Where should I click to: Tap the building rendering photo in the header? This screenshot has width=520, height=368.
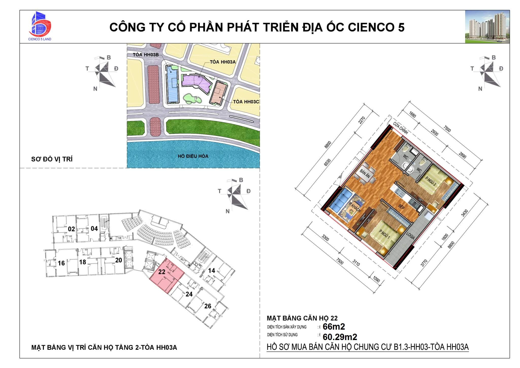coord(487,27)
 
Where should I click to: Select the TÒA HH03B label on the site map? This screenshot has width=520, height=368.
coord(146,55)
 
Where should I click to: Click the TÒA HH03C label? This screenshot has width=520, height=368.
coord(246,102)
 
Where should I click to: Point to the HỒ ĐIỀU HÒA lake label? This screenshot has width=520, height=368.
coord(193,156)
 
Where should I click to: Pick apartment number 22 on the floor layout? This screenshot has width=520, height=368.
coord(162,272)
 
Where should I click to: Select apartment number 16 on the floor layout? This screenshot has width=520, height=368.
coord(61,263)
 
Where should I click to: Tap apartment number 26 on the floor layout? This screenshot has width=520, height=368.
coord(208,306)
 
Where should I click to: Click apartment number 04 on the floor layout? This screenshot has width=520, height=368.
coord(94,228)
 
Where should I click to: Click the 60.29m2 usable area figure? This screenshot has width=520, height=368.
coord(340,337)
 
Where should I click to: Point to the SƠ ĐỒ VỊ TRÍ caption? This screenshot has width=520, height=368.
coord(52,159)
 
